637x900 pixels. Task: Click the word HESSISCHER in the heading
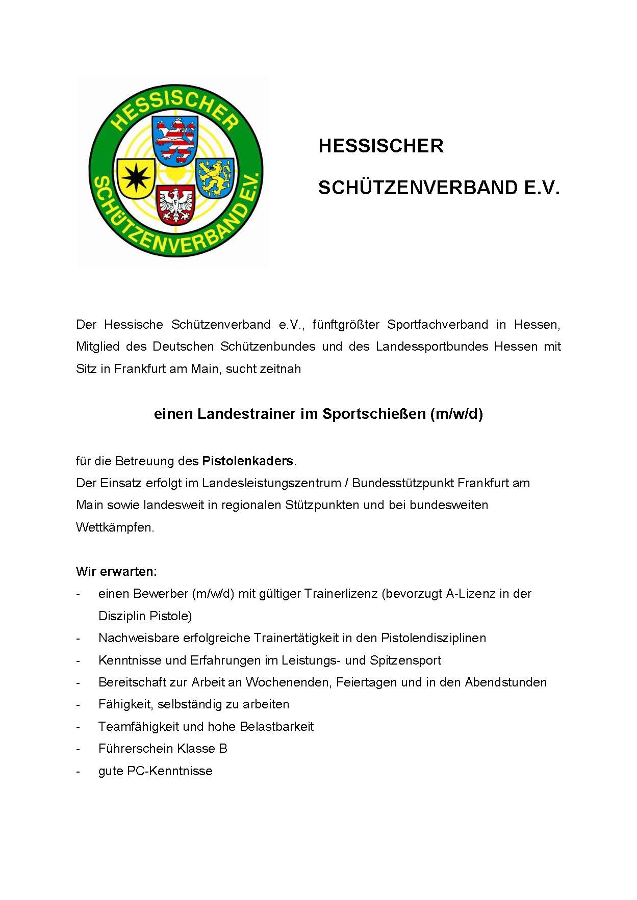pyautogui.click(x=381, y=146)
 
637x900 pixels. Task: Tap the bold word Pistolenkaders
pyautogui.click(x=248, y=461)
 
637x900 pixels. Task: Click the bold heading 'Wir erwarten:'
pyautogui.click(x=116, y=571)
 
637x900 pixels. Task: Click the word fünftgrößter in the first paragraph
pyautogui.click(x=346, y=325)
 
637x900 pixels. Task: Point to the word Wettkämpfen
pyautogui.click(x=115, y=527)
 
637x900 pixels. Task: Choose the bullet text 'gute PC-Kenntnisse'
pyautogui.click(x=155, y=771)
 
